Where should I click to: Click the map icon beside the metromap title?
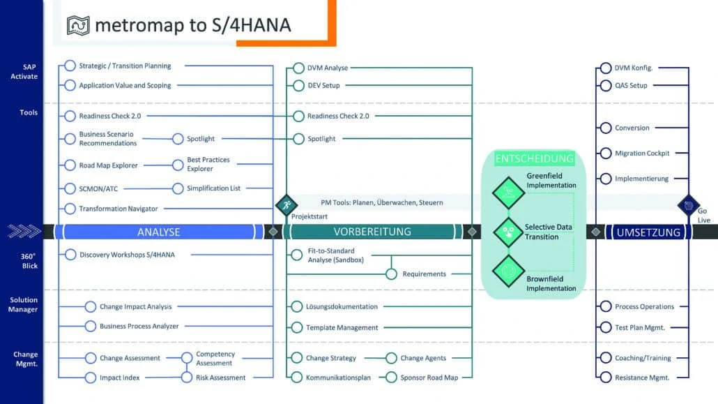(x=77, y=25)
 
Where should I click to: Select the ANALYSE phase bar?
(x=159, y=232)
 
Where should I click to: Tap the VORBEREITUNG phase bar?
(x=372, y=232)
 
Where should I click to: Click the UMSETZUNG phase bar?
(x=648, y=232)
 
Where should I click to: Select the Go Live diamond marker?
(x=688, y=205)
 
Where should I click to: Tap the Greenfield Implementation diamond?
(x=508, y=191)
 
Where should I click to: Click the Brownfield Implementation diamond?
(x=508, y=270)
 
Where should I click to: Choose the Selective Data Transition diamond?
(x=508, y=232)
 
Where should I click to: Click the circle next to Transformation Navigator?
(x=70, y=208)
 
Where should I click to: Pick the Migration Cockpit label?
(x=641, y=154)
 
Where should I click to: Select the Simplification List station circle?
(x=177, y=188)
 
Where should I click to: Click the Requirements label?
(x=424, y=274)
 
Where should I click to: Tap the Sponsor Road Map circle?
(x=391, y=377)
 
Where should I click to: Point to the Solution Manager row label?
(x=24, y=304)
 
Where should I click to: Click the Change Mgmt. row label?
(x=25, y=359)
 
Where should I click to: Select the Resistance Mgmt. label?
(x=641, y=377)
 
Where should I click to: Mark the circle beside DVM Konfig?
(x=605, y=68)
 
